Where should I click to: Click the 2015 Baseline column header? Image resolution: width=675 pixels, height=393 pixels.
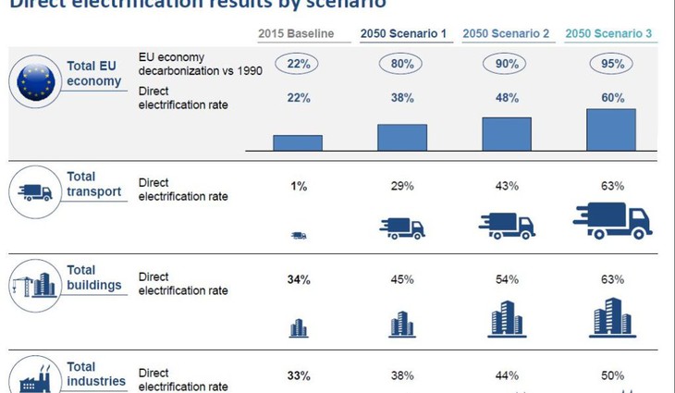(297, 34)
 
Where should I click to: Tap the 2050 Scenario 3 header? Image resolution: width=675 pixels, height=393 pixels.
(608, 34)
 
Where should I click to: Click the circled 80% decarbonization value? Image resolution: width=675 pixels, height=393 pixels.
(402, 64)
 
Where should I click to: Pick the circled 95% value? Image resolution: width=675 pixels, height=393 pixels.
(611, 64)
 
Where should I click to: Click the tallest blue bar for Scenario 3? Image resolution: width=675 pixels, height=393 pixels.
(611, 129)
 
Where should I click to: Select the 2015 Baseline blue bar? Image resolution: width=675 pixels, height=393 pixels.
(298, 142)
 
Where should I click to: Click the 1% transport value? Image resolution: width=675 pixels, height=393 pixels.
(298, 186)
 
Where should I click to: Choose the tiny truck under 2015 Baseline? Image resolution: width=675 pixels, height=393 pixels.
(298, 236)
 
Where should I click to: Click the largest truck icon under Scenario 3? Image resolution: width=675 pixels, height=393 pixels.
(612, 221)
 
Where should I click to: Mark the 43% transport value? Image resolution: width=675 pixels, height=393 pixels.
(507, 186)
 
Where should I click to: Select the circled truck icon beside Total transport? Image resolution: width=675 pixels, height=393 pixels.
(36, 192)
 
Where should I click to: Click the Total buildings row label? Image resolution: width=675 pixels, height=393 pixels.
(93, 277)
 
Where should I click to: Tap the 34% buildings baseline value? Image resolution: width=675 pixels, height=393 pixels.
(298, 278)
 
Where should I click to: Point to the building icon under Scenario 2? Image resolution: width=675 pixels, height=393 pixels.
(507, 318)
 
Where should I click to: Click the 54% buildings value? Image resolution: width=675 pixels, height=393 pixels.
(507, 278)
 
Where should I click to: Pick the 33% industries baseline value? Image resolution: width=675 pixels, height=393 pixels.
(298, 375)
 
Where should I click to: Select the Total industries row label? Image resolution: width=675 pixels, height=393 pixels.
(96, 374)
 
